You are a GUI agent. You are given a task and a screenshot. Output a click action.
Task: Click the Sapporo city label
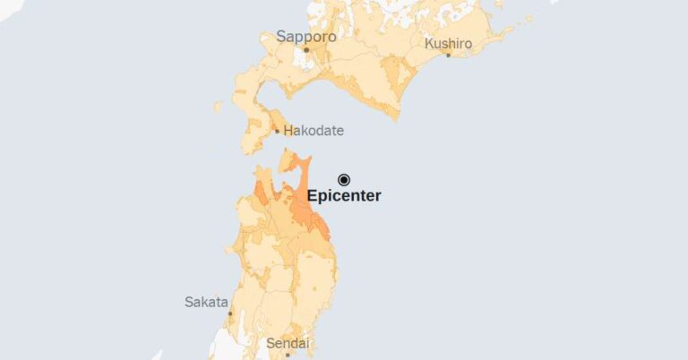(x=305, y=37)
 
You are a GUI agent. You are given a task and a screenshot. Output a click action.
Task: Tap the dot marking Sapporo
(x=305, y=50)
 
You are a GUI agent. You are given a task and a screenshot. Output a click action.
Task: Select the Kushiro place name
(x=448, y=42)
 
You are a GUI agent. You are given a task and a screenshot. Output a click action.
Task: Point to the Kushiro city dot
(x=449, y=55)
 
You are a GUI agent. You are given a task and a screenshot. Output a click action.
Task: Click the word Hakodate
(x=314, y=131)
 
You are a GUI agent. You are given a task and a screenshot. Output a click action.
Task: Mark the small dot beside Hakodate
(x=277, y=132)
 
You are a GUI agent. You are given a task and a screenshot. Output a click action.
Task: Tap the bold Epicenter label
(x=344, y=196)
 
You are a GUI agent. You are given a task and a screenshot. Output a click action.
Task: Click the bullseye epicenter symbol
(x=344, y=179)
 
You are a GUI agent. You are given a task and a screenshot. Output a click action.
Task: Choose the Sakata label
(x=206, y=302)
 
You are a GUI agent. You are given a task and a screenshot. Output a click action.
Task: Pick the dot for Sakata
(x=230, y=313)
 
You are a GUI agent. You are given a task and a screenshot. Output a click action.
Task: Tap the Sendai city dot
(x=288, y=356)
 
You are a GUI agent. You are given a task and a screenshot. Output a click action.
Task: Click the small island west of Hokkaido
(x=218, y=107)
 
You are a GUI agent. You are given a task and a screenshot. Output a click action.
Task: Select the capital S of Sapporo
(x=281, y=37)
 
